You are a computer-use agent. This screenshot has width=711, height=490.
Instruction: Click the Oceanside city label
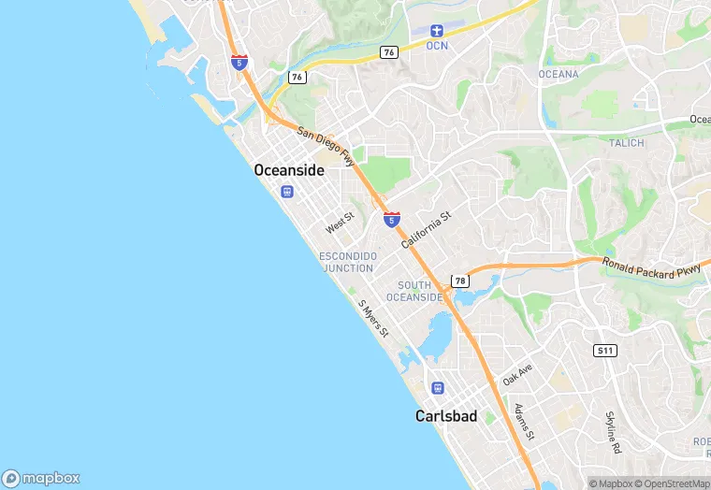pos(289,170)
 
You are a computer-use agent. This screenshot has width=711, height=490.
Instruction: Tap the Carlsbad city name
pos(445,416)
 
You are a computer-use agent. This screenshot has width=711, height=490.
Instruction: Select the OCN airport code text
pos(437,45)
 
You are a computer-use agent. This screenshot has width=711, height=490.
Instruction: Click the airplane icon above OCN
pos(437,31)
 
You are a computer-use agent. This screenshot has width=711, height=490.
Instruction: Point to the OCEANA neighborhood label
pos(559,74)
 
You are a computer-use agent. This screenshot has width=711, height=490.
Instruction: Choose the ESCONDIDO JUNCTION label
pos(348,262)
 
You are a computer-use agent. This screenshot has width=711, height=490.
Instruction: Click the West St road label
pos(340,224)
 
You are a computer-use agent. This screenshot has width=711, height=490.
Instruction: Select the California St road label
pos(427,229)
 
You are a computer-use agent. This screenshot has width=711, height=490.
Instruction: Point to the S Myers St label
pos(373,320)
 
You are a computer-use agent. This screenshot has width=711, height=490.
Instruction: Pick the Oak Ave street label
pos(516,375)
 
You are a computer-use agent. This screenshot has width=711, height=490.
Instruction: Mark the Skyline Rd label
pos(614,432)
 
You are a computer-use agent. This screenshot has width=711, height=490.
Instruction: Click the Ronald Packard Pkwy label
pos(651,268)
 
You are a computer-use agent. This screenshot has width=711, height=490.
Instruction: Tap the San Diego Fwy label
pos(326,147)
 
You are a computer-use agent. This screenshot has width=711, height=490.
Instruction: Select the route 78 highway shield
pos(459,281)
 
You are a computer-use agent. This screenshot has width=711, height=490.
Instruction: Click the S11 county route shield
pos(604,351)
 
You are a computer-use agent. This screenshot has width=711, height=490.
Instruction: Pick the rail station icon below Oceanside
pos(287,192)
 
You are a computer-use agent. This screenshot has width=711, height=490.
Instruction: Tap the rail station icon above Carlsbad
pos(436,388)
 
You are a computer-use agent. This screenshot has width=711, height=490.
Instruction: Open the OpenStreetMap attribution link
pos(672,483)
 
